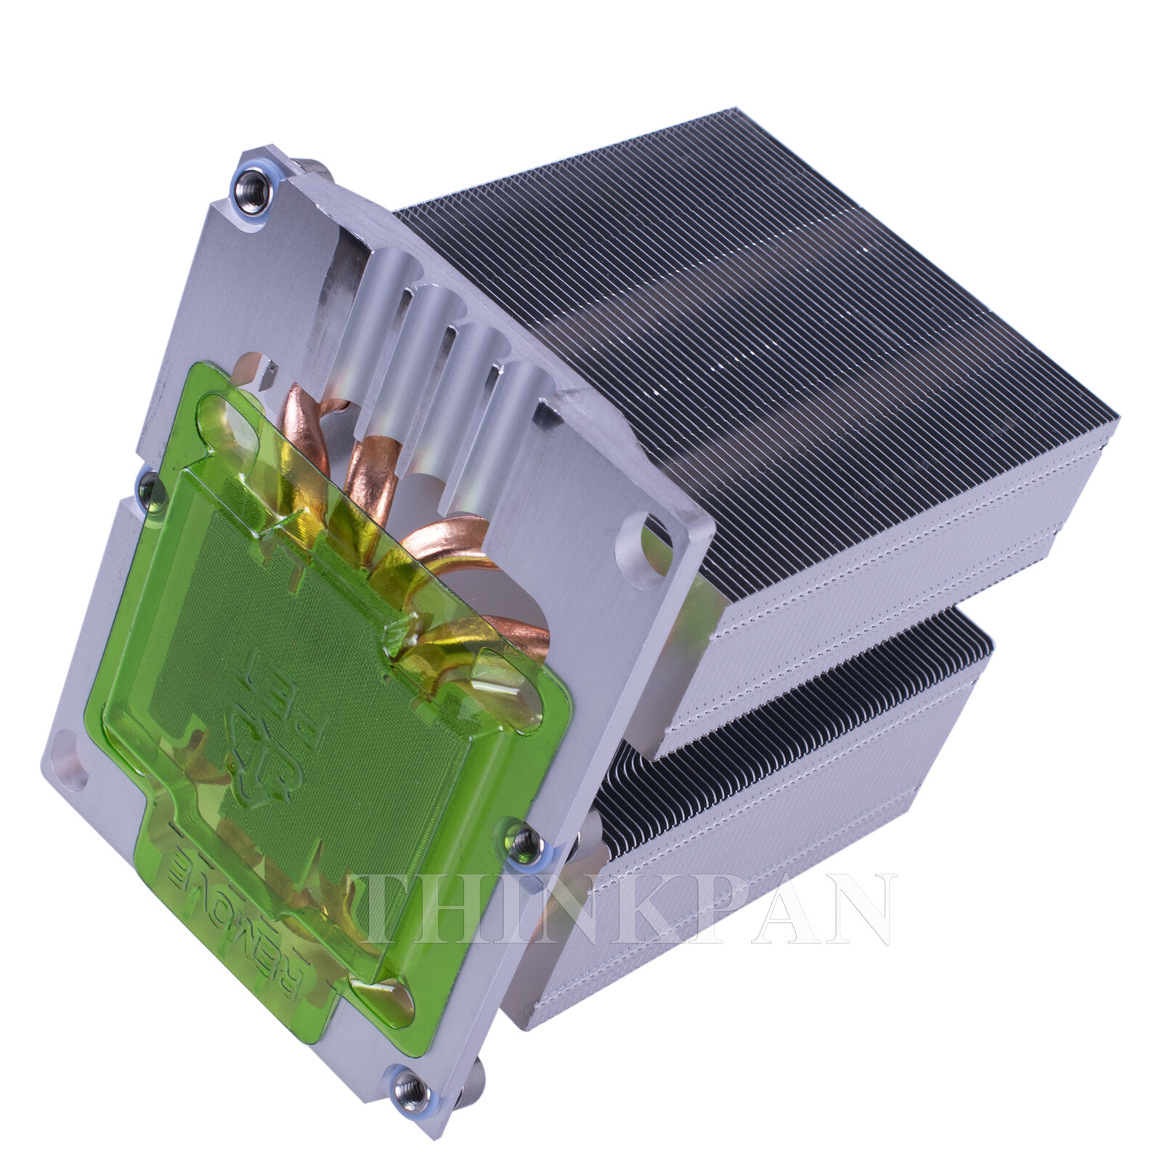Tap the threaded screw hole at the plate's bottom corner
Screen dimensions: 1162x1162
[404, 1086]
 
